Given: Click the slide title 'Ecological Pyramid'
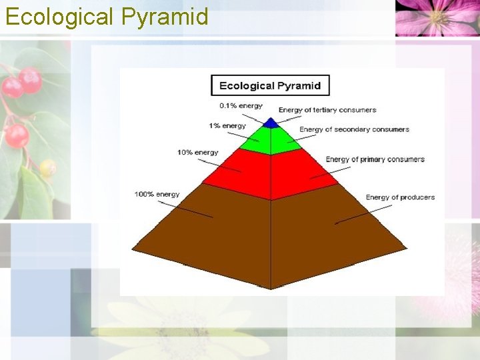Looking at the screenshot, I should tap(107, 16).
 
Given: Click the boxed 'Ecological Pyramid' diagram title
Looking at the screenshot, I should tap(270, 85).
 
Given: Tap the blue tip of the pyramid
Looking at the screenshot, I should tap(270, 123).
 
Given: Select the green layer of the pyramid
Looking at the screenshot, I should tap(270, 140).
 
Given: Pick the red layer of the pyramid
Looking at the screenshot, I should tap(270, 173).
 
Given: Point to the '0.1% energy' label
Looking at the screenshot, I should tap(241, 105).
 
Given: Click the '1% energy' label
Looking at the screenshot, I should tap(227, 125).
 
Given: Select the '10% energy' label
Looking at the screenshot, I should tap(197, 152).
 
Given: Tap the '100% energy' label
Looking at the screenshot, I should tap(157, 194).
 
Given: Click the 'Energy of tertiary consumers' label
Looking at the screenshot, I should tap(327, 109).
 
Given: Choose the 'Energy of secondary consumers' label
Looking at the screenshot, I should tap(354, 129).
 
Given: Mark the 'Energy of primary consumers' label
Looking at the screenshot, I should tap(375, 159).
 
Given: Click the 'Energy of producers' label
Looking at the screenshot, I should tap(400, 197).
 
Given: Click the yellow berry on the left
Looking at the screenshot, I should tap(47, 167).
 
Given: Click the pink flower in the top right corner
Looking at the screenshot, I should tap(437, 17).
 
